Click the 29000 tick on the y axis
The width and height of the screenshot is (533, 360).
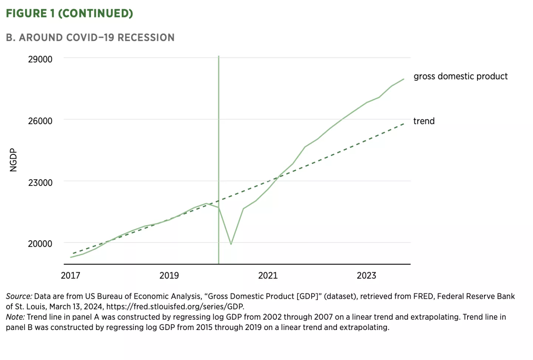coord(40,59)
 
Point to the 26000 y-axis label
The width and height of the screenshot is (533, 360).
coord(40,121)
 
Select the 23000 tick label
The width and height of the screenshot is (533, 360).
coord(40,183)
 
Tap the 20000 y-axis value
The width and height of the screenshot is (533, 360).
coord(40,244)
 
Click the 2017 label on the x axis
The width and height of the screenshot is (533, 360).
coord(70,276)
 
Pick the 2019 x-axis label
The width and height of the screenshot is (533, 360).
coord(169,276)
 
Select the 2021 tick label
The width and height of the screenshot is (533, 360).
coord(268,276)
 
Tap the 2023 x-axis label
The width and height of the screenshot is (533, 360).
coord(366,276)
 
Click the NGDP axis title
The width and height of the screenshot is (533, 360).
coord(13,160)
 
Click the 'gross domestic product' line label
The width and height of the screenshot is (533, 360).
coord(460,76)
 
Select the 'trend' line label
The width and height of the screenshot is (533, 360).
coord(424,121)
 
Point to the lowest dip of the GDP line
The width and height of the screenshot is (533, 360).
coord(231,244)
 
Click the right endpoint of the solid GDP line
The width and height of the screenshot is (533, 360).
coord(403,79)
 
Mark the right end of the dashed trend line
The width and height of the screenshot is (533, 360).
coord(403,124)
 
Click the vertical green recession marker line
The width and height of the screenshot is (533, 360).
coord(219,148)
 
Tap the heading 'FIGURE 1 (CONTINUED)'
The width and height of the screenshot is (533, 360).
coord(70,13)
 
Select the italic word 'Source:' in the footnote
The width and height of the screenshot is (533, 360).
coord(19,296)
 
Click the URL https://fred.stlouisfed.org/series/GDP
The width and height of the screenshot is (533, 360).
coord(175,307)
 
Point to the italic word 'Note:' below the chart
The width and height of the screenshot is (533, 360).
coord(15,317)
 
